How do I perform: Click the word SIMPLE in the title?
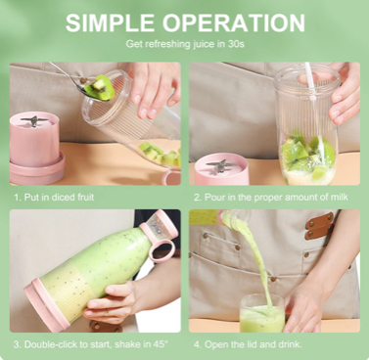110,22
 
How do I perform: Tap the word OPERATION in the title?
234,22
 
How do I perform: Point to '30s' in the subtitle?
236,44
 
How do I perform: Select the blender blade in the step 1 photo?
34,121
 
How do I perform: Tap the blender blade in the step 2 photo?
221,165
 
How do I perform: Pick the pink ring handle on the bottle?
161,250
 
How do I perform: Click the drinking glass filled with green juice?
262,313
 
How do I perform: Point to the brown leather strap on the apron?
320,226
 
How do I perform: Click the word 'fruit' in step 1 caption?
85,197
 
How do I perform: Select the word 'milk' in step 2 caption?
339,197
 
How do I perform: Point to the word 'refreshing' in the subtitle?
167,44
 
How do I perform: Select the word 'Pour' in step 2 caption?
213,197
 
